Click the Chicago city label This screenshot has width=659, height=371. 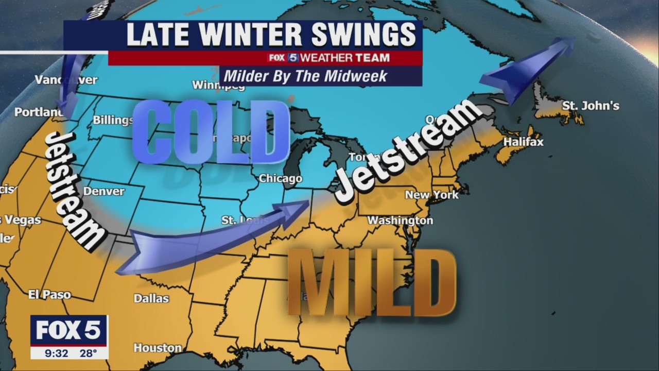(x=280, y=179)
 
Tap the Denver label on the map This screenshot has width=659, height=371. (x=104, y=191)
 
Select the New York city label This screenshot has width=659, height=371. (x=431, y=195)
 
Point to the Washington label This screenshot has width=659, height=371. (x=400, y=221)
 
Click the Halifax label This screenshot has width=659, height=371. (x=523, y=142)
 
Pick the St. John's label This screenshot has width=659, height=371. (x=590, y=106)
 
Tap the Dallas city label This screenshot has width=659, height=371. (x=151, y=298)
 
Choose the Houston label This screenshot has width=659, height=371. (x=158, y=348)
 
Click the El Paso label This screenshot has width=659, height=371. (x=49, y=295)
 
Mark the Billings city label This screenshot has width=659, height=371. (x=113, y=120)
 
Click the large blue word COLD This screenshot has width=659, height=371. (x=211, y=132)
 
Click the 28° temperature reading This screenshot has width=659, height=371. (x=88, y=353)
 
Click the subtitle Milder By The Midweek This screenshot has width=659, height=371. (x=305, y=77)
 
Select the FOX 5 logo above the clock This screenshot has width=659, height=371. (x=68, y=330)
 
